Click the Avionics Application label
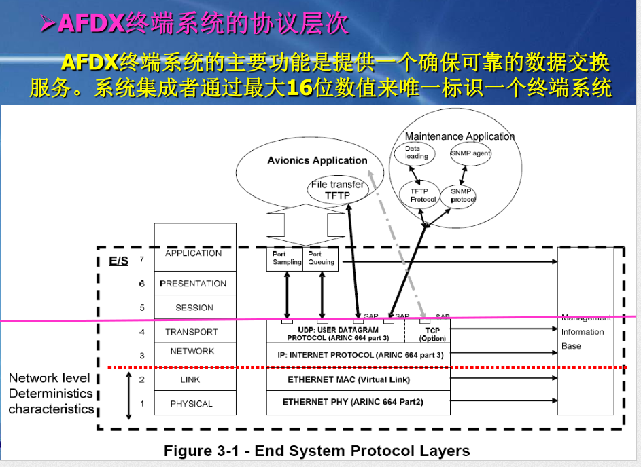coord(317,161)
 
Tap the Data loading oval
coord(417,152)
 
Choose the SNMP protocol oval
coord(462,195)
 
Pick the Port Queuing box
coord(321,259)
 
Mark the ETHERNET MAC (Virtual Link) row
coord(358,379)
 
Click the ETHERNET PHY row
coord(358,402)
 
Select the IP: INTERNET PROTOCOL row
coord(358,355)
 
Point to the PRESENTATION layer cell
coord(194,284)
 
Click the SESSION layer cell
coord(194,307)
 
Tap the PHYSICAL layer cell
coord(194,403)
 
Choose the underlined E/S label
coord(118,261)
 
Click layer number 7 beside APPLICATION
coord(141,259)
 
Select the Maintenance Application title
coord(460,136)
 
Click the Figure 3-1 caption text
coord(317,451)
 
